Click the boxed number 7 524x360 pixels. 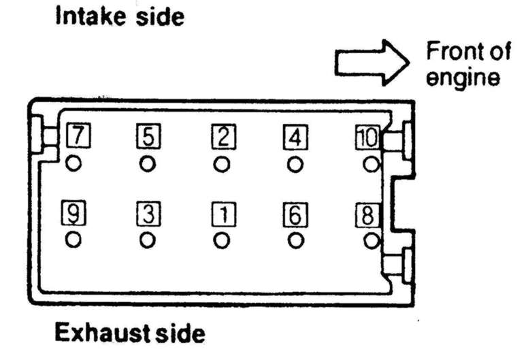pos(79,137)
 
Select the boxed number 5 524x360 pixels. pos(148,137)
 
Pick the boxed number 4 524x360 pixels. pos(295,137)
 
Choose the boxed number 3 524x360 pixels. pos(148,214)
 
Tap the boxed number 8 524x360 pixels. pos(366,214)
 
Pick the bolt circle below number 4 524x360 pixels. pos(295,163)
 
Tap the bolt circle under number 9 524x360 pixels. pos(73,240)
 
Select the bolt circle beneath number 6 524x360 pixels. pos(295,240)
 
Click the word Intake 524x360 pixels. pos(87,16)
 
